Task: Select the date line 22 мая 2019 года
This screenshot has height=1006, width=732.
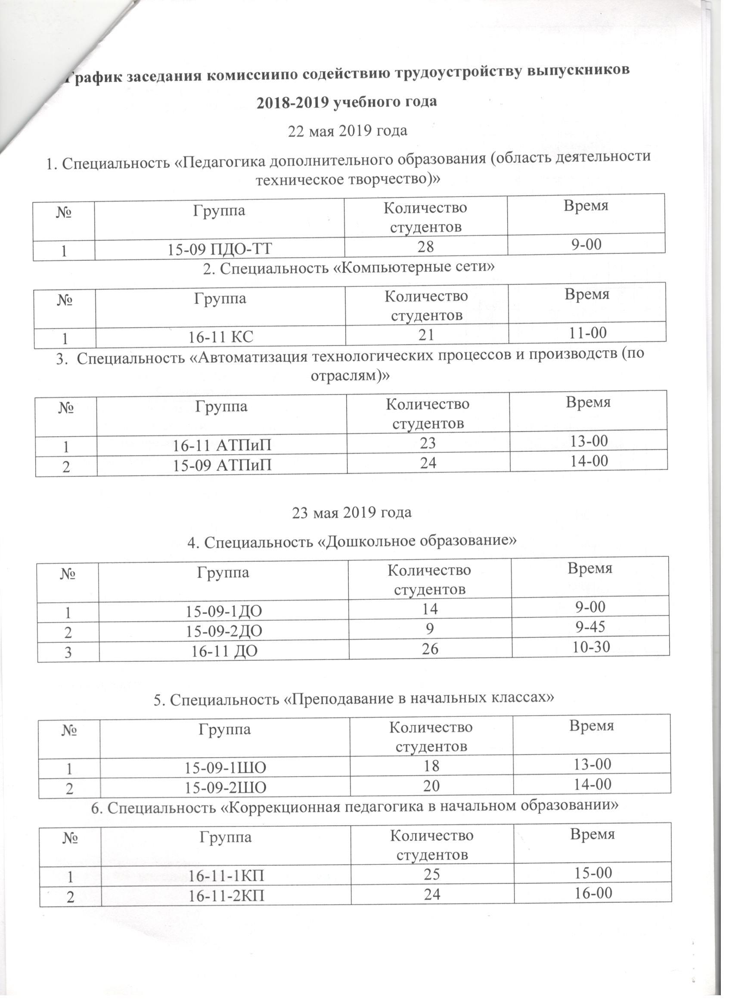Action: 348,131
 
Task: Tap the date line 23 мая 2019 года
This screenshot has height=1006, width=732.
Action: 351,513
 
